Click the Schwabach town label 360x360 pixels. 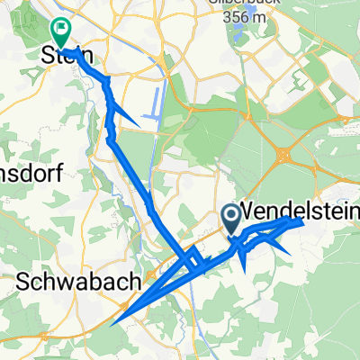click(80, 282)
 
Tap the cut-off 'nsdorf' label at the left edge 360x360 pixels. click(30, 175)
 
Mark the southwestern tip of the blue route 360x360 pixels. click(114, 318)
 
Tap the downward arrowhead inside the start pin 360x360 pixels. click(230, 215)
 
